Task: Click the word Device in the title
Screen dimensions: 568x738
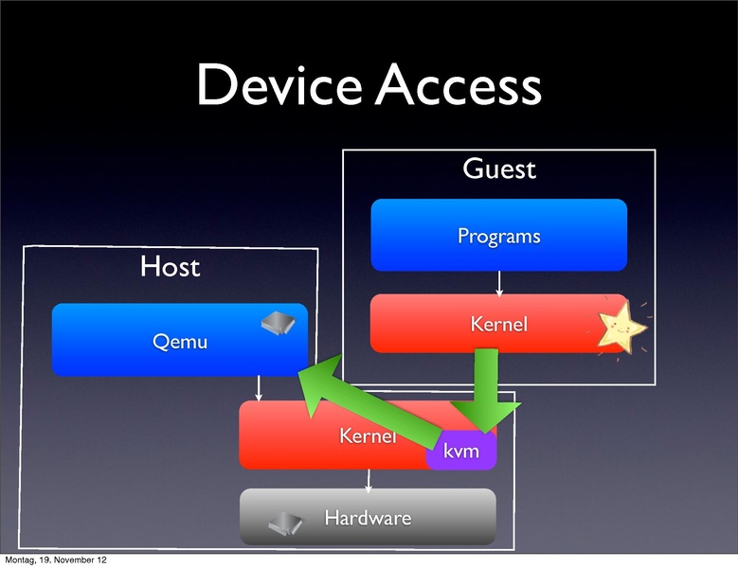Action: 279,87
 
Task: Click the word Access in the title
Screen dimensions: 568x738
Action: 459,87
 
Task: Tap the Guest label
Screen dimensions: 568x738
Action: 498,169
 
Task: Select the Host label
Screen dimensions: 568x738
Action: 171,267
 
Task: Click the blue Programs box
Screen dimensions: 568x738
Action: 498,235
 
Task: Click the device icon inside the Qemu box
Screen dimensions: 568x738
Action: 279,324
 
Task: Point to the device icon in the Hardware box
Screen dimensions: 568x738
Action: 284,524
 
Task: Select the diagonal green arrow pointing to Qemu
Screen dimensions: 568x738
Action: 369,398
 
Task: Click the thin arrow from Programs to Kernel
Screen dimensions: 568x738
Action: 498,282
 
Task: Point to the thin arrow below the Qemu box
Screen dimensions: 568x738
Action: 259,388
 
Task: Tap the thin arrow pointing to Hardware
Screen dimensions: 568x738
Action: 369,479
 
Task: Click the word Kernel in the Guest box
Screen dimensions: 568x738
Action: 498,325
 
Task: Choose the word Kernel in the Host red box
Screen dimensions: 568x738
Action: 367,436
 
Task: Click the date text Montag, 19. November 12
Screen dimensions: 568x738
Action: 55,560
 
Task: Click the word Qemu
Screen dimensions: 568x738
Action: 180,341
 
